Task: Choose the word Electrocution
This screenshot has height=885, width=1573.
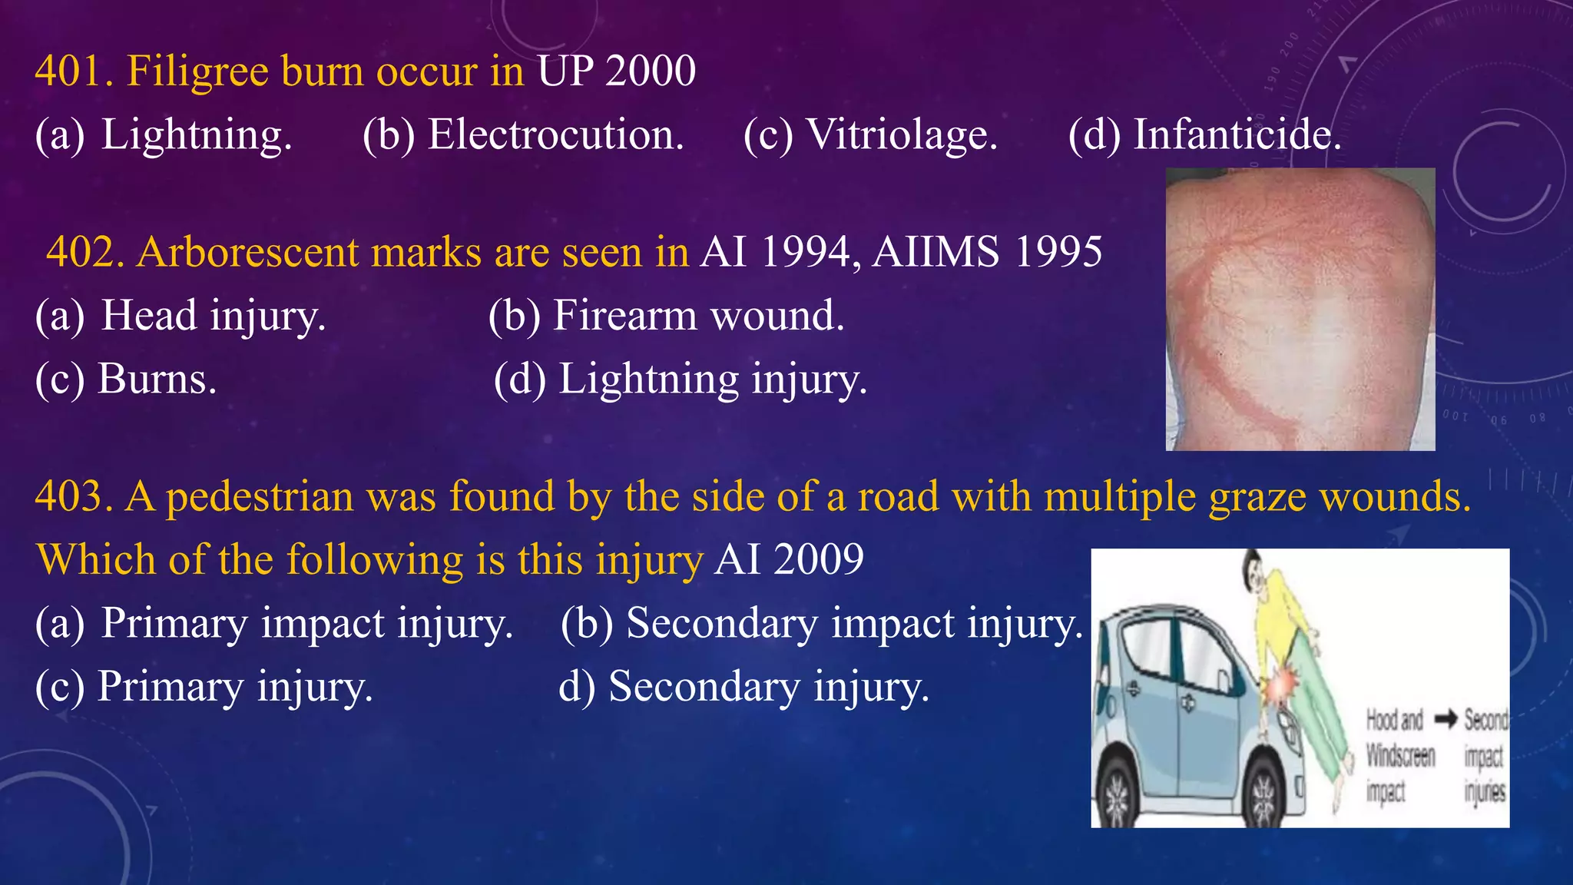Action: coord(555,134)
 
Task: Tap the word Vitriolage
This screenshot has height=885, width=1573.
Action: coord(902,134)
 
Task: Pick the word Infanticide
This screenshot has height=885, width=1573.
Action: coord(1237,134)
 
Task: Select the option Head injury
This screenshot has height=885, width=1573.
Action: coord(214,316)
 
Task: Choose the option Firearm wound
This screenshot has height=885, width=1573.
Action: coord(698,316)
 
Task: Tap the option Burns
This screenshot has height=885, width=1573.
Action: coord(157,379)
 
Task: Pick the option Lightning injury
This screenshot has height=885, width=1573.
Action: coord(712,379)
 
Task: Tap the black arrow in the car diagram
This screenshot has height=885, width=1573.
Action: coord(1446,720)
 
